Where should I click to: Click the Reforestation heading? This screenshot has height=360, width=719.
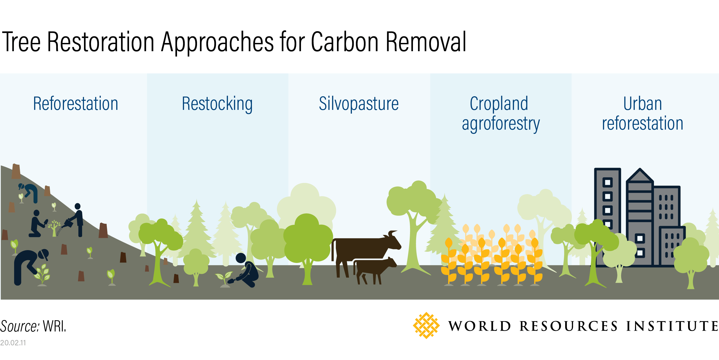76,104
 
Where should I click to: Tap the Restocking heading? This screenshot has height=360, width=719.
217,104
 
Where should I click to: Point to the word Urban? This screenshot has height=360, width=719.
642,104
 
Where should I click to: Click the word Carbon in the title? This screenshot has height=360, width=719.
345,42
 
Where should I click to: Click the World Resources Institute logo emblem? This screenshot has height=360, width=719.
426,325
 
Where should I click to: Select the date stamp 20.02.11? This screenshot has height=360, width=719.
13,343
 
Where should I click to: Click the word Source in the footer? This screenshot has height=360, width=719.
19,326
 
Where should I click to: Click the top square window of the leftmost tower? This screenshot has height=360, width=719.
608,183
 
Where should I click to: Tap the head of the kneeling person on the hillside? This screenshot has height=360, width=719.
36,213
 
